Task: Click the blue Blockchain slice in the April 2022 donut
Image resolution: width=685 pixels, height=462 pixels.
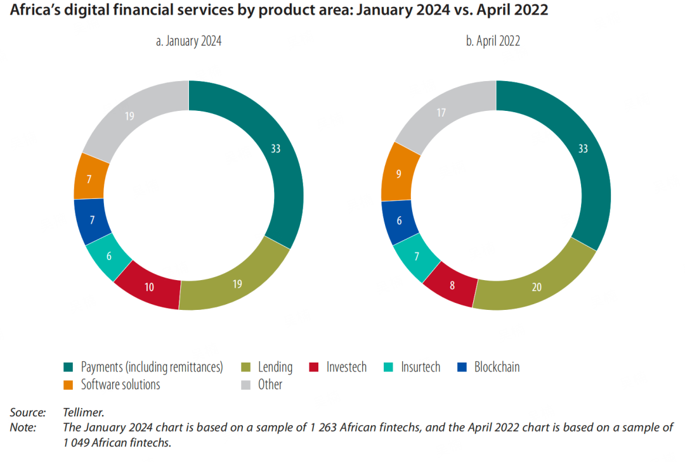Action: [x=399, y=222]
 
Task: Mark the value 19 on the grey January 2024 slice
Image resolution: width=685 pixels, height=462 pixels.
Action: [x=129, y=117]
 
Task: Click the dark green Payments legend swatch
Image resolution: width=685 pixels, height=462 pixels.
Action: [x=68, y=367]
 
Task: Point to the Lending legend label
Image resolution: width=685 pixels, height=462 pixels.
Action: [x=275, y=367]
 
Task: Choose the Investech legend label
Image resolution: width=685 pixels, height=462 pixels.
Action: [x=346, y=367]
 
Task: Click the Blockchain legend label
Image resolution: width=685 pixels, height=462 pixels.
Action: [x=497, y=367]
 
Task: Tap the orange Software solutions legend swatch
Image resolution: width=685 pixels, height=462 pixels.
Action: [x=68, y=385]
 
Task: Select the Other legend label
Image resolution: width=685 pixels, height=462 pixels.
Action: [x=270, y=385]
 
